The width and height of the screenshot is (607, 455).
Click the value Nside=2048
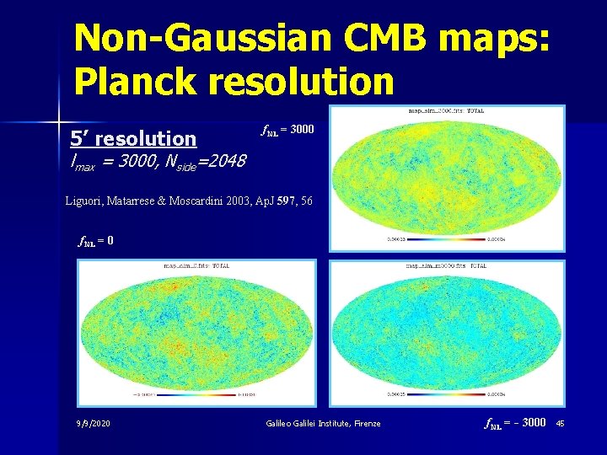pyautogui.click(x=207, y=160)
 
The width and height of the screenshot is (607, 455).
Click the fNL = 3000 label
pyautogui.click(x=287, y=130)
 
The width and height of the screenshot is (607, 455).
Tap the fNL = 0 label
pyautogui.click(x=95, y=240)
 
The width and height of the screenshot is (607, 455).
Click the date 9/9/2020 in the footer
pyautogui.click(x=94, y=423)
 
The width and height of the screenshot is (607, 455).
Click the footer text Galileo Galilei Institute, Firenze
pyautogui.click(x=322, y=423)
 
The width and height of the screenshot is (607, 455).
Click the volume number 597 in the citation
pyautogui.click(x=285, y=201)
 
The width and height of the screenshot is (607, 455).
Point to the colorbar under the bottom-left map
pyautogui.click(x=196, y=393)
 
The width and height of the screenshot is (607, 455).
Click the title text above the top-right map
pyautogui.click(x=447, y=111)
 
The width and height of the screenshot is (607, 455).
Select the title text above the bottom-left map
pyautogui.click(x=196, y=265)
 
